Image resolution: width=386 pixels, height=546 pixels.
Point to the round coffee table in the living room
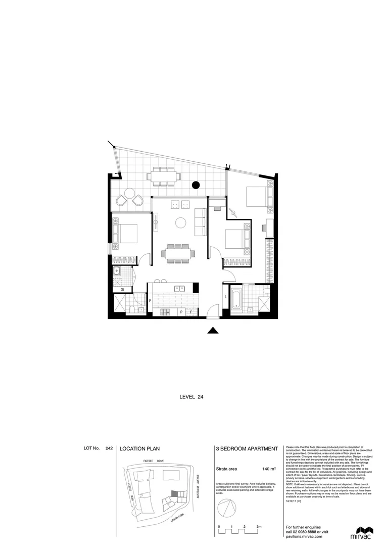(180, 222)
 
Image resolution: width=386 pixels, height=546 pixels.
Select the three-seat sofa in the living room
(200, 222)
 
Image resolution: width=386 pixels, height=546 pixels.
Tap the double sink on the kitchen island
(179, 289)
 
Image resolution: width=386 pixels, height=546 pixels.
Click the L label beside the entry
(225, 297)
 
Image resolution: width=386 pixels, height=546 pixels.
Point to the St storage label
(123, 289)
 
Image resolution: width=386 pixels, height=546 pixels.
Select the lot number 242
(109, 448)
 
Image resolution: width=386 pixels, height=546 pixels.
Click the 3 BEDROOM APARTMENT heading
(247, 448)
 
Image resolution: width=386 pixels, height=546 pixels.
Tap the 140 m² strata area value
(269, 469)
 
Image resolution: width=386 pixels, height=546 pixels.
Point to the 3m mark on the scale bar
(258, 527)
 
